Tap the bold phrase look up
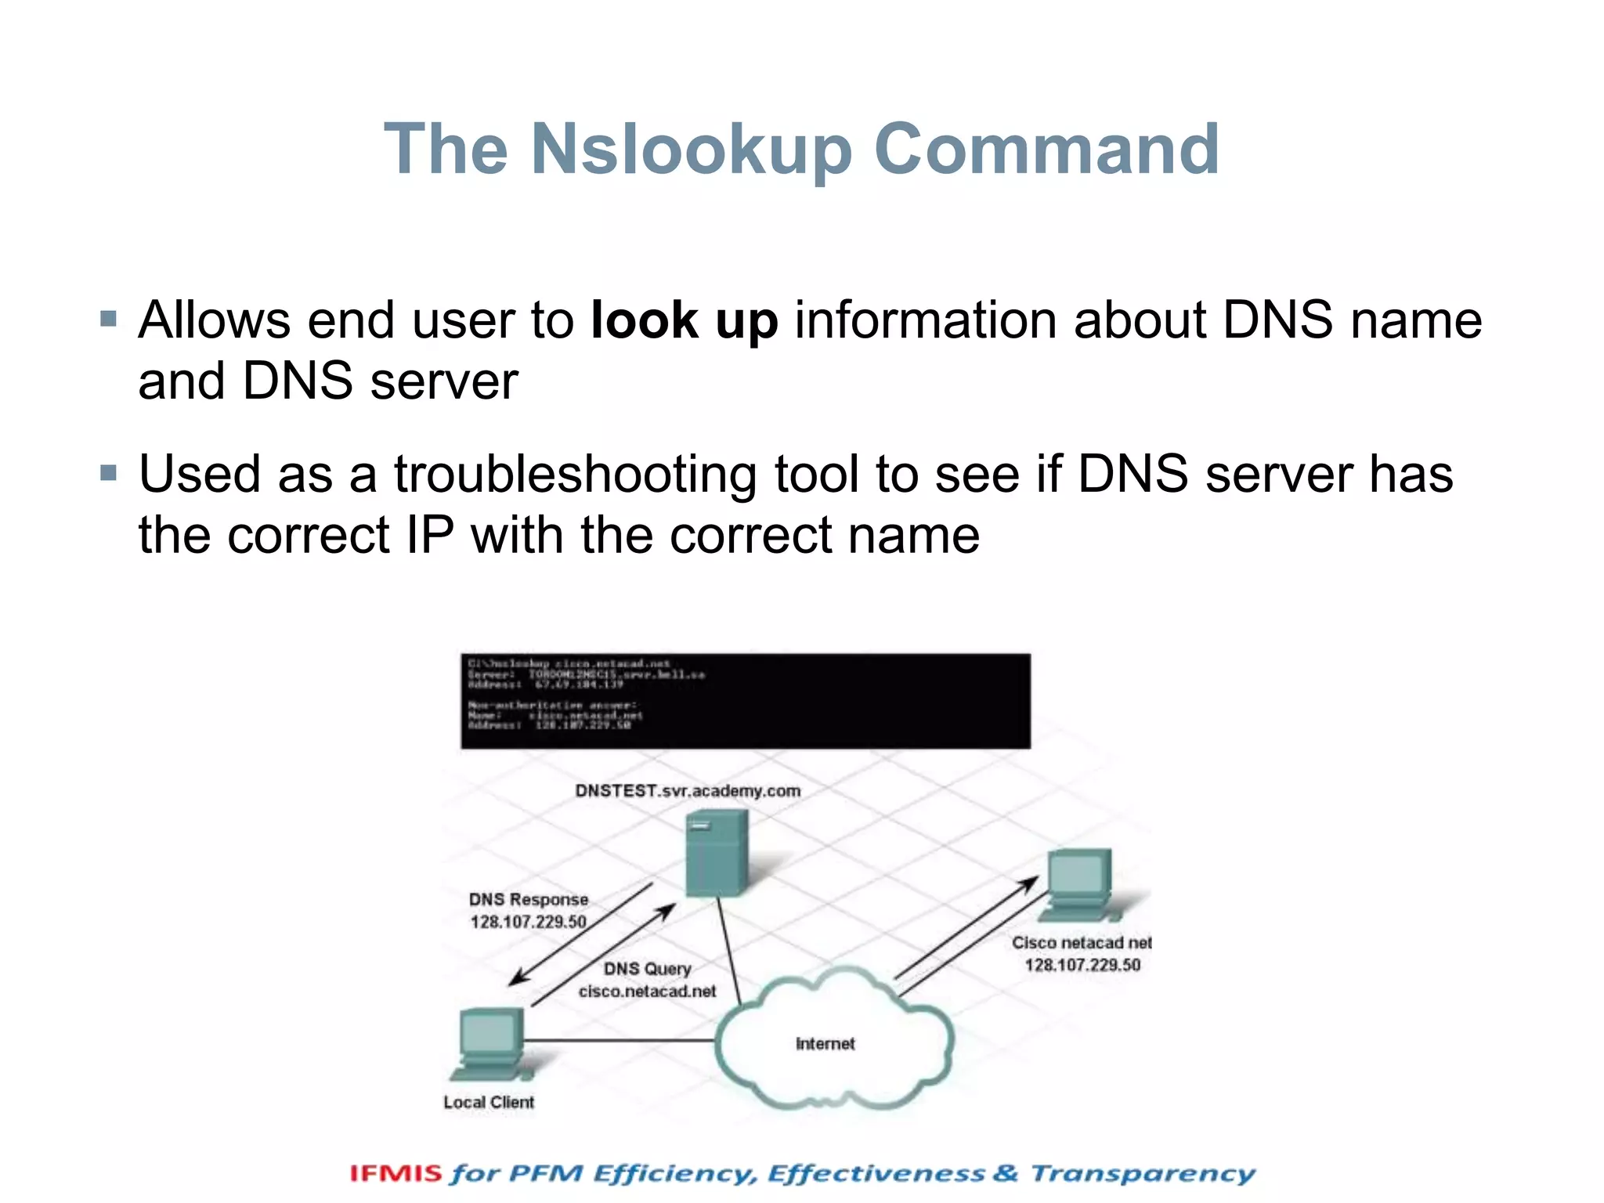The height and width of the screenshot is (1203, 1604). coord(684,321)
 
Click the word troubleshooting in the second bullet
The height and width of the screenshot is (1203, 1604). coord(575,475)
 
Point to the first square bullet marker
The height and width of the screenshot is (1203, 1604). coord(108,319)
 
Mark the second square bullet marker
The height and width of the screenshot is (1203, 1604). coord(108,472)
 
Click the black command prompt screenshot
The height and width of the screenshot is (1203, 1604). coord(745,701)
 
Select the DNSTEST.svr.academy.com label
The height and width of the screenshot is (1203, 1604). coord(688,791)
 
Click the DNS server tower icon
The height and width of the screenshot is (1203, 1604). coord(716,853)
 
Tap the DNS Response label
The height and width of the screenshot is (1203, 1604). coord(529,900)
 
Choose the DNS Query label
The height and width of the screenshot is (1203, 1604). coord(647,969)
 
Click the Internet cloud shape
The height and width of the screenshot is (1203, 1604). coord(833,1042)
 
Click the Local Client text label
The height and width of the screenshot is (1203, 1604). coord(489,1103)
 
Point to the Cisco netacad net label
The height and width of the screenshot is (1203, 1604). coord(1082,943)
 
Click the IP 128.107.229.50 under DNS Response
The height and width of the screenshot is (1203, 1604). coord(528,922)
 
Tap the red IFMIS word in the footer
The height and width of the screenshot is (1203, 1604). coord(396,1173)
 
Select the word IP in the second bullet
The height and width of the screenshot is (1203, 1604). coord(430,536)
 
